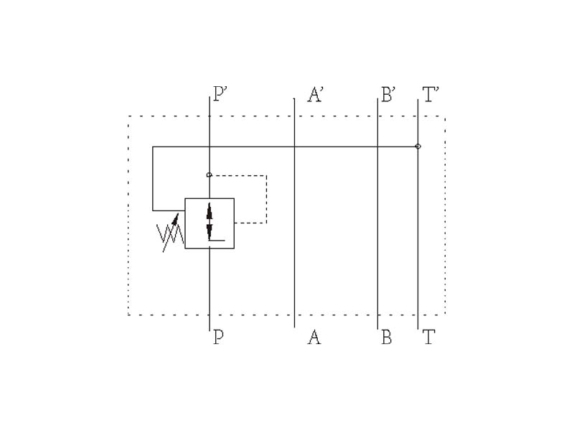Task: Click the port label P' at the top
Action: coord(221,94)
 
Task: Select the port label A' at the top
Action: coord(315,95)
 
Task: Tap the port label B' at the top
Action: coord(388,95)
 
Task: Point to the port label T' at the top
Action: coord(431,95)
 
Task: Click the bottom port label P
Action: coord(219,337)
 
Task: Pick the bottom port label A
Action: coord(314,337)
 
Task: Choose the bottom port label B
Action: coord(387,337)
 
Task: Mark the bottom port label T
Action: coord(428,337)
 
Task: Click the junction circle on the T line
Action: coord(418,147)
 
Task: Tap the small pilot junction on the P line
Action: coord(209,175)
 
